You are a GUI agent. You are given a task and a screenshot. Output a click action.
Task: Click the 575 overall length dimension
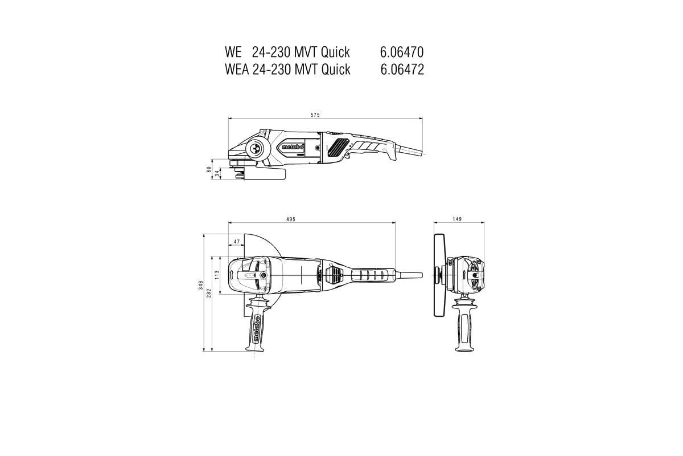coord(315,115)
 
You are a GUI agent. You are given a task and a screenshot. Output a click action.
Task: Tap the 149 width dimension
coord(458,219)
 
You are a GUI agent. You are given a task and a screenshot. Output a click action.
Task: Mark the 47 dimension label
coord(236,242)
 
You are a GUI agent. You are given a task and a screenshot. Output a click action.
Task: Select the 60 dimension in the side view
coord(209,170)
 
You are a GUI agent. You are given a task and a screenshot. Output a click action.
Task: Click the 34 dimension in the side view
coord(217,173)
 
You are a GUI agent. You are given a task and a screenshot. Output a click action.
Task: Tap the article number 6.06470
coord(401,52)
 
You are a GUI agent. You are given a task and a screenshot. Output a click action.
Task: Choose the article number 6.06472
coord(401,70)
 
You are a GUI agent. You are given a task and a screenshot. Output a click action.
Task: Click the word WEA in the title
coord(236,70)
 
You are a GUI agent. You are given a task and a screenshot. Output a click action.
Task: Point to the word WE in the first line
coord(233,52)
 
